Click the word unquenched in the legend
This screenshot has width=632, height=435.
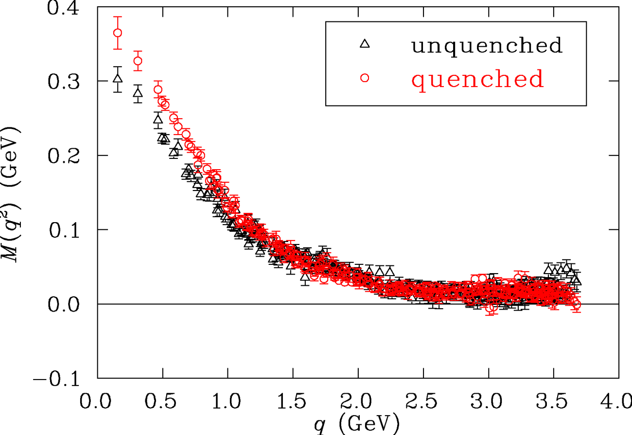(x=487, y=45)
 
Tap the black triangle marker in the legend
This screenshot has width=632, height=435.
(x=365, y=44)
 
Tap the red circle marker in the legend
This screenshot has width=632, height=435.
(x=365, y=78)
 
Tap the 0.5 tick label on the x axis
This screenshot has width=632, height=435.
(x=162, y=403)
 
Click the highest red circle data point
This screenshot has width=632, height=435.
(x=117, y=33)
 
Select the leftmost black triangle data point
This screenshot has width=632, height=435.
(x=117, y=78)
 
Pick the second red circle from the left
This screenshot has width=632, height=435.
(x=138, y=61)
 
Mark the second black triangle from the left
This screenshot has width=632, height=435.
(x=138, y=92)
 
